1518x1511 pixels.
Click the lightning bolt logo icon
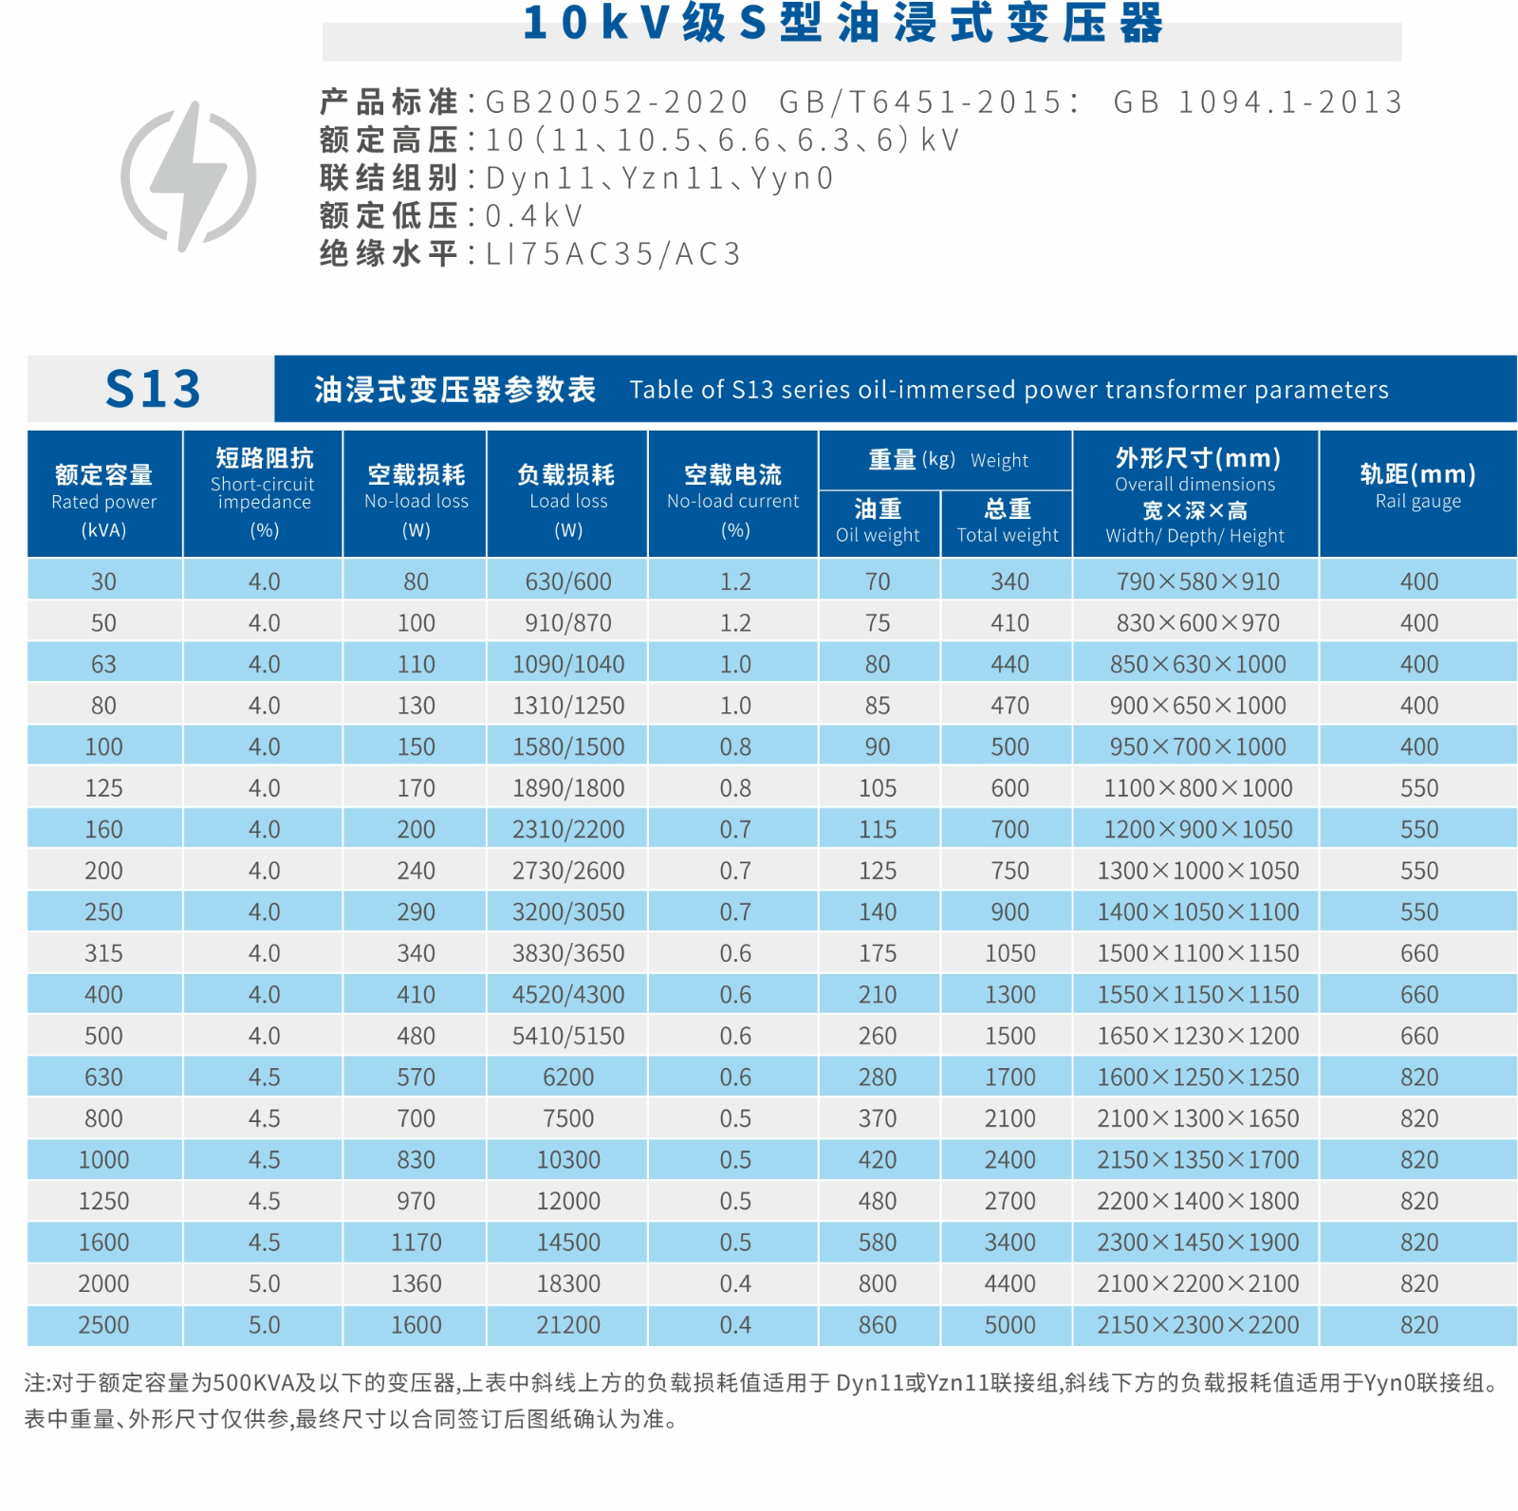point(189,176)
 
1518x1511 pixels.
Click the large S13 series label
point(153,389)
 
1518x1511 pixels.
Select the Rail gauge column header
point(1417,486)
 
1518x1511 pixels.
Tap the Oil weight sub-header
point(878,522)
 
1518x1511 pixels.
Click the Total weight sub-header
point(1008,522)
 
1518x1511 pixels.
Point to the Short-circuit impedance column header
point(264,491)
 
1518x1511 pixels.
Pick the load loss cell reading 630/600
point(568,581)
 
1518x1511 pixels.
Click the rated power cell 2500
point(103,1325)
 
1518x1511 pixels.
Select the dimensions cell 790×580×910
point(1197,581)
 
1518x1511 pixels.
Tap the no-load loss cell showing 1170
point(417,1243)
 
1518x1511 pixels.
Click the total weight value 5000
point(1009,1325)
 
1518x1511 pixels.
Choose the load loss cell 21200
point(568,1325)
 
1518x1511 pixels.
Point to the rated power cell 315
point(103,953)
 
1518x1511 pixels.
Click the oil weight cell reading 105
point(878,788)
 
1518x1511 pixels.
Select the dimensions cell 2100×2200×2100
point(1197,1283)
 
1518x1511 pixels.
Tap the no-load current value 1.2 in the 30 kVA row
point(735,581)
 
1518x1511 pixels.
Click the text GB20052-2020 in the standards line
point(617,101)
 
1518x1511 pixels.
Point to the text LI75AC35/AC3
point(613,254)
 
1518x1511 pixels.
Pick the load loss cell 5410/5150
point(568,1036)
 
